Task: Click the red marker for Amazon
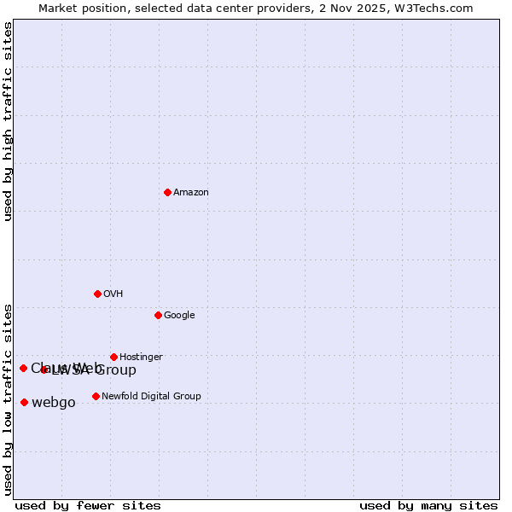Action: [167, 192]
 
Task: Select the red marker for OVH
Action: [97, 294]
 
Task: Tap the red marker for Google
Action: [158, 315]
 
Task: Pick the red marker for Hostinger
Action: [113, 357]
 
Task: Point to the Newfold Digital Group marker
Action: [96, 396]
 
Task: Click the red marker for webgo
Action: [24, 402]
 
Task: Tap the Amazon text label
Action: [191, 193]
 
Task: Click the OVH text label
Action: [113, 294]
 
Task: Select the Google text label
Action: [179, 316]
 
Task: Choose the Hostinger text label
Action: [141, 358]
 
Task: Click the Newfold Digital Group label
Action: [151, 397]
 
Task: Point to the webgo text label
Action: [54, 403]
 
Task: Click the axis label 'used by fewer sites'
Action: [88, 506]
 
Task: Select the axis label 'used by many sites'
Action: [428, 506]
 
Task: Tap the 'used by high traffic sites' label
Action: [8, 121]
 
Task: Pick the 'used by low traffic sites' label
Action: [8, 399]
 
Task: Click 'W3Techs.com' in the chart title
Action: [441, 8]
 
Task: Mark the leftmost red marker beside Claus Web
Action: [23, 368]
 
